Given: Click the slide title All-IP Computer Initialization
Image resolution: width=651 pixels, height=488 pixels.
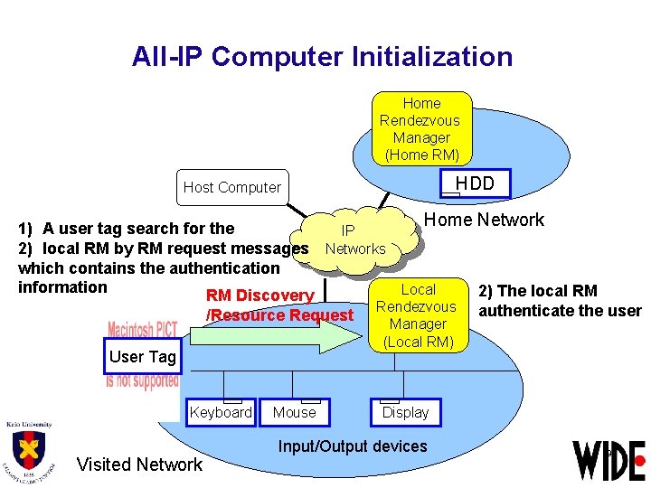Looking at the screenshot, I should (322, 57).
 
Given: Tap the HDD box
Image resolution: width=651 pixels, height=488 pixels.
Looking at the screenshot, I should (474, 183).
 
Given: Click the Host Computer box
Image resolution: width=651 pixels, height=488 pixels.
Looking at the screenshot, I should (232, 187).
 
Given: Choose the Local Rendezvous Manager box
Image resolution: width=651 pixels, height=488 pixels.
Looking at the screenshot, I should (417, 315).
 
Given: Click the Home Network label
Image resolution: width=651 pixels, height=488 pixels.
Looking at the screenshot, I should (484, 220).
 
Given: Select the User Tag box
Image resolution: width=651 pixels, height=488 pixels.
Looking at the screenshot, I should (142, 357).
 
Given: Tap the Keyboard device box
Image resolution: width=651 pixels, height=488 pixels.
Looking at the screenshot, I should (221, 412).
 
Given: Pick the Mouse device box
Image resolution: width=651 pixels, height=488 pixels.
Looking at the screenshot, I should (295, 412).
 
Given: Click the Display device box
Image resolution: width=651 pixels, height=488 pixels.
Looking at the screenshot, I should (405, 412).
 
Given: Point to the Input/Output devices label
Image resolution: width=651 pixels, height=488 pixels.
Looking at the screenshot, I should (352, 446).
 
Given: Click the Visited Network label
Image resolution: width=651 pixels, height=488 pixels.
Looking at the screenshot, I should (139, 465).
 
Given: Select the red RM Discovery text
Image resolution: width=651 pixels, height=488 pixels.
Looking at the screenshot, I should (259, 296).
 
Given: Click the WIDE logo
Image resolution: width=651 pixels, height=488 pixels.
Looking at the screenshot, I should (609, 460).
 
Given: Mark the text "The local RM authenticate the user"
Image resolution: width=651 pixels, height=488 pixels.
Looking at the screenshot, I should (560, 301).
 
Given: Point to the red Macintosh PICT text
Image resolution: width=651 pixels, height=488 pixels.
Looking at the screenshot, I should (143, 330).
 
